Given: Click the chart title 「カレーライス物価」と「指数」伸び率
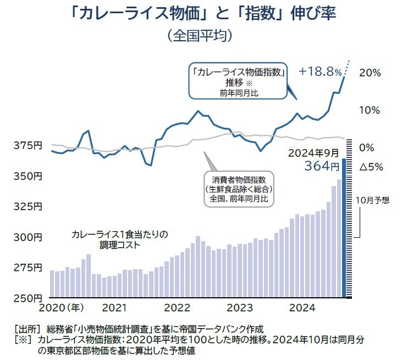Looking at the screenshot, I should (x=201, y=13).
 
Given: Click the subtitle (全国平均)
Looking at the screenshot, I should (x=201, y=36).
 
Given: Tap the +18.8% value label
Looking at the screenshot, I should (x=321, y=72).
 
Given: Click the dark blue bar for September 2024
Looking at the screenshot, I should (x=344, y=231).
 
